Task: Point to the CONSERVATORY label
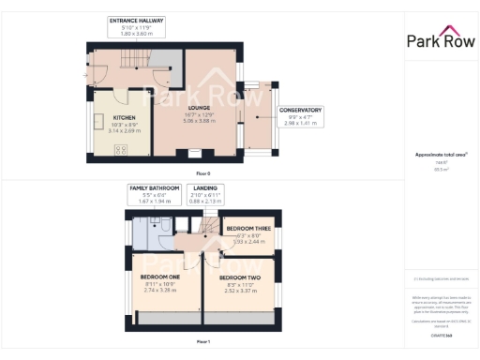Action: (x=300, y=110)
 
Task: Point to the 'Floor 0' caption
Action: (x=203, y=173)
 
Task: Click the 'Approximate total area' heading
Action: (x=440, y=155)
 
